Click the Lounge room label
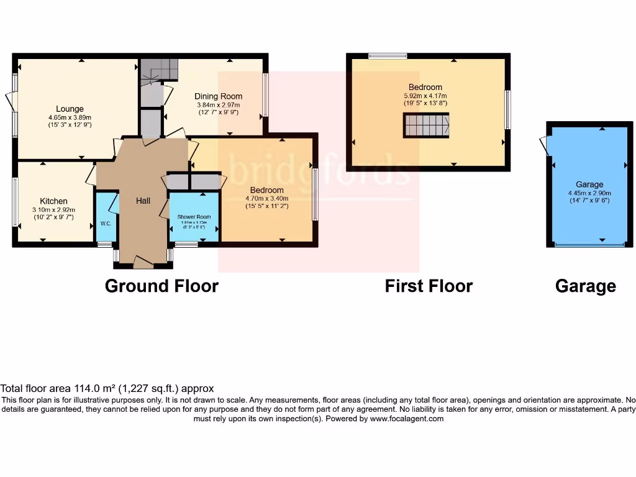pos(70,109)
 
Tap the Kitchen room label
pos(53,201)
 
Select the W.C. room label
pos(106,224)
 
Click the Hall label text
pos(143,201)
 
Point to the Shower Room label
pos(194,217)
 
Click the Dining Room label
pos(218,96)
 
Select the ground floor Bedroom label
pos(266,190)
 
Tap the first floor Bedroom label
pos(425,87)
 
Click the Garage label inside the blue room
pos(589,184)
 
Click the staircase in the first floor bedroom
pos(425,125)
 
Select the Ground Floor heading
pos(161,286)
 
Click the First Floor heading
pos(429,286)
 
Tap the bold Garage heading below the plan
pos(585,286)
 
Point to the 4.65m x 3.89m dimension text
pos(70,117)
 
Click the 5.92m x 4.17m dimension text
pos(425,96)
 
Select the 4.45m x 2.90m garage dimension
pos(589,193)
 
